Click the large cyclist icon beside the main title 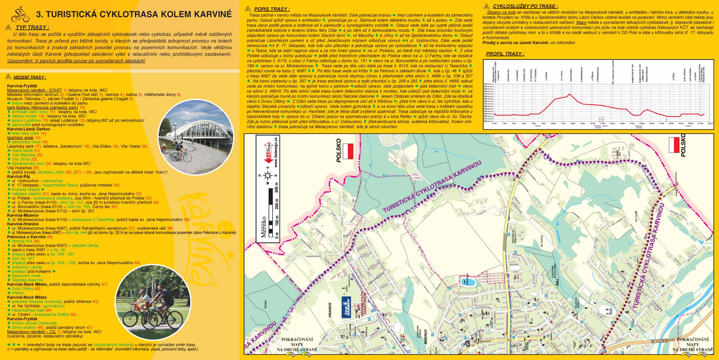20,14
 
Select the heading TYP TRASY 32,28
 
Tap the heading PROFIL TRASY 505,54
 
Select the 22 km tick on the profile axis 710,123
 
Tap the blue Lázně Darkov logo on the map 347,307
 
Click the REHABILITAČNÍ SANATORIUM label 364,304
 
